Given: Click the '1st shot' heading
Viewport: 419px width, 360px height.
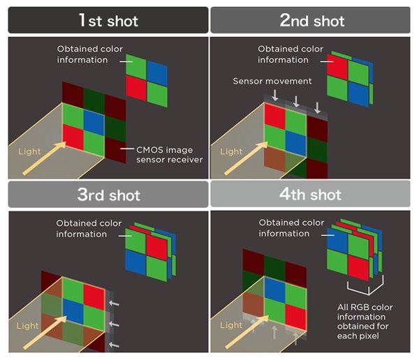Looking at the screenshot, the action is (x=108, y=20).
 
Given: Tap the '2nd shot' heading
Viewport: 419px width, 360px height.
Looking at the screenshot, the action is (x=312, y=20).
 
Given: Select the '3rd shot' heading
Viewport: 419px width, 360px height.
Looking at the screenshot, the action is (x=108, y=195).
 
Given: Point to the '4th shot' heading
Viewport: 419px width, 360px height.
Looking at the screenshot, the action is (x=310, y=194).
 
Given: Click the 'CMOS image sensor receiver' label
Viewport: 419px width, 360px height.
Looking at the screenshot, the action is (x=170, y=155).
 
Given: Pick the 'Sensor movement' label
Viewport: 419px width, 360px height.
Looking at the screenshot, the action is (x=272, y=81).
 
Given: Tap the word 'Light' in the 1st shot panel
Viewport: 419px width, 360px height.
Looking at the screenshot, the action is (x=29, y=151).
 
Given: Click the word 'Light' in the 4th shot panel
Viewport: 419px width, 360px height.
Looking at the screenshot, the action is (x=231, y=325).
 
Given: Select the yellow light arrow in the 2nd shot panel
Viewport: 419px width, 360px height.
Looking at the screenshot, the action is (x=246, y=158).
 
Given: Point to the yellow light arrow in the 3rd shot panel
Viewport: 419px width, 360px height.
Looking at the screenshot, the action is (x=45, y=333).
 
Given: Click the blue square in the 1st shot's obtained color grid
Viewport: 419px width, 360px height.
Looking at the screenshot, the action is (x=157, y=73).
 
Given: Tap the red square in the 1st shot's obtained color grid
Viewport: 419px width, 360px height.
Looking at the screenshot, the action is (x=136, y=88).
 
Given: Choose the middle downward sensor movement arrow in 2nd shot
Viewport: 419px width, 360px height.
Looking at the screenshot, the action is (x=296, y=101).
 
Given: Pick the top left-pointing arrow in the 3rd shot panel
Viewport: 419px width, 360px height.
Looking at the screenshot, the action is (x=114, y=303).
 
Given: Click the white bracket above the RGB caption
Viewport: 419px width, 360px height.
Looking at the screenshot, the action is (x=365, y=286).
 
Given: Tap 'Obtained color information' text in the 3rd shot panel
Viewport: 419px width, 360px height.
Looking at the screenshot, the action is (x=89, y=229).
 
